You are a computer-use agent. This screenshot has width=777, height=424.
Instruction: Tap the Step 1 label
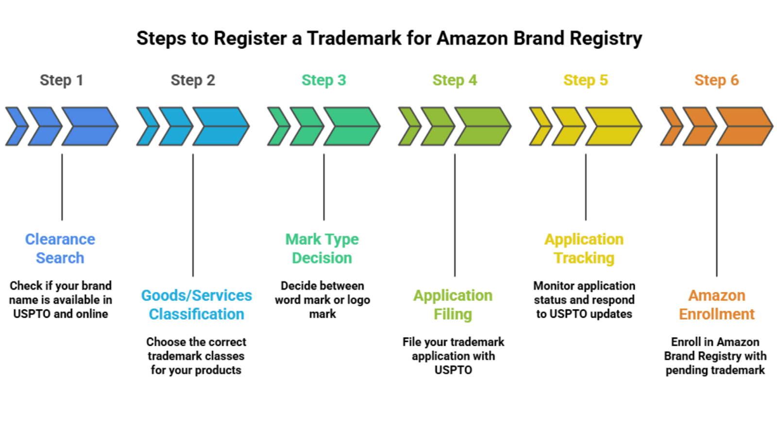pyautogui.click(x=62, y=80)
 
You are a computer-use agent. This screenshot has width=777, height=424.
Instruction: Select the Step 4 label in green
pyautogui.click(x=455, y=80)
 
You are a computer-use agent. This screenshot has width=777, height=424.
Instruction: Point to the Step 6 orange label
pyautogui.click(x=716, y=80)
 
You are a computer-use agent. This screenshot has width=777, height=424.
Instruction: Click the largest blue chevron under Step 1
pyautogui.click(x=89, y=126)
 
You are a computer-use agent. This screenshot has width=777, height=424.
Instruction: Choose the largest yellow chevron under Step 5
pyautogui.click(x=613, y=126)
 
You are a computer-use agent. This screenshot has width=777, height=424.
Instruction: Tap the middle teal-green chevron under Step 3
pyautogui.click(x=306, y=126)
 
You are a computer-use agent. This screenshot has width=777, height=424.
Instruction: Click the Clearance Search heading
pyautogui.click(x=60, y=248)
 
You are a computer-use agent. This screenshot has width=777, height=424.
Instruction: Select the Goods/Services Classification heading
pyautogui.click(x=196, y=305)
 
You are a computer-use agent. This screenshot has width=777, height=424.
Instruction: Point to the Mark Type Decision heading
pyautogui.click(x=322, y=248)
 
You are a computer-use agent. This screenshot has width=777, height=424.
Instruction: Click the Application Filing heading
pyautogui.click(x=453, y=305)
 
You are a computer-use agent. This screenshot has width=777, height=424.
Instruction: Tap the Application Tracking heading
pyautogui.click(x=584, y=248)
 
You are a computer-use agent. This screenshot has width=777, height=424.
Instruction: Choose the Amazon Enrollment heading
pyautogui.click(x=716, y=305)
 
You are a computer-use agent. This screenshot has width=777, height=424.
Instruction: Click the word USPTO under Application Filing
pyautogui.click(x=453, y=370)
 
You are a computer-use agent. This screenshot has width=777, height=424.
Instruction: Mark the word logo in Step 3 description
pyautogui.click(x=358, y=300)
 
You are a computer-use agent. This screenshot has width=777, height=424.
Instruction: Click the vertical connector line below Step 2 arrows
pyautogui.click(x=193, y=214)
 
